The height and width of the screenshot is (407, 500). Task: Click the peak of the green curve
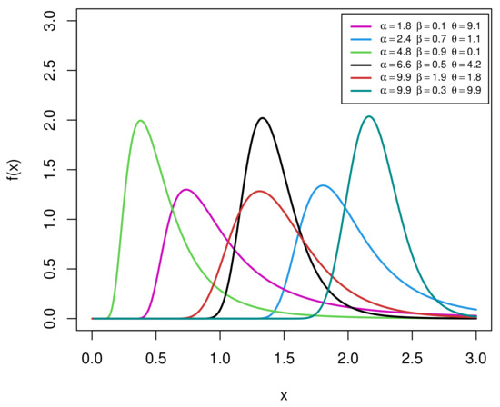140,121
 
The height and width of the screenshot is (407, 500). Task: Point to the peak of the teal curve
368,116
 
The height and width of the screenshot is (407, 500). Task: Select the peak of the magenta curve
186,190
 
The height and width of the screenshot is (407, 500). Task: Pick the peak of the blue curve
323,185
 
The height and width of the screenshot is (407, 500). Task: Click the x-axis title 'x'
284,396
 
